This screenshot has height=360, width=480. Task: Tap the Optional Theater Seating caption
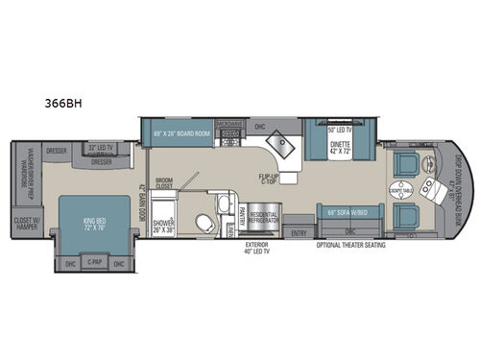click(352, 244)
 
